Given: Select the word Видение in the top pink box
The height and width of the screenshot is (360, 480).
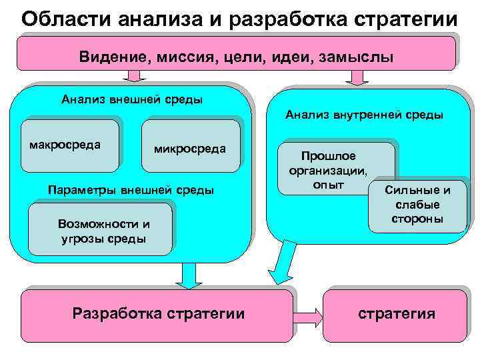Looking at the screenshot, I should [x=110, y=57].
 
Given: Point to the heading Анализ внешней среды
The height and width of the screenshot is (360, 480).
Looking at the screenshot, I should [x=132, y=100].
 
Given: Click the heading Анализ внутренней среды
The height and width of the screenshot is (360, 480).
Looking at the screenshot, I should [x=365, y=115].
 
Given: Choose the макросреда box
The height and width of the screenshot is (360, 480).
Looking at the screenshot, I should [x=70, y=142].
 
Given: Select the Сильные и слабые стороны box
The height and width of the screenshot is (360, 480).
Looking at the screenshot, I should [x=417, y=205].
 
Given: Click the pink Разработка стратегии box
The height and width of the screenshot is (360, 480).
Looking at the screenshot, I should [x=158, y=314].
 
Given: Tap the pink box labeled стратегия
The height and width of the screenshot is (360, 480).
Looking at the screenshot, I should [x=396, y=314].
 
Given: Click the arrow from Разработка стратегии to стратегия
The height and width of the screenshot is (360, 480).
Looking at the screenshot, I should [x=309, y=314].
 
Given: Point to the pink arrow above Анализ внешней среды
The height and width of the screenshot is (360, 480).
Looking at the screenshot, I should [x=135, y=76].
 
